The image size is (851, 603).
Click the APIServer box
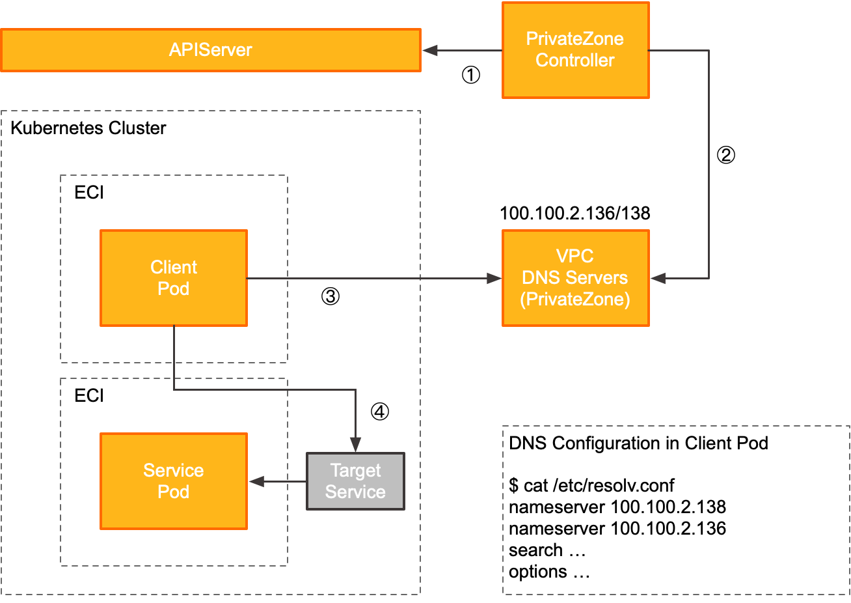coord(210,50)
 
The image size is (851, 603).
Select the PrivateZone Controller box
coord(575,50)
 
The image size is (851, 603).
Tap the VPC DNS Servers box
coord(575,278)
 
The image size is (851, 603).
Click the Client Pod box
coord(174,278)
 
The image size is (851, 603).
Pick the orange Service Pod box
coord(174,481)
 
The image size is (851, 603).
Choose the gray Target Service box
coord(355,481)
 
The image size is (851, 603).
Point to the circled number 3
coord(331,297)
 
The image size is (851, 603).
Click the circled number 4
coord(380,412)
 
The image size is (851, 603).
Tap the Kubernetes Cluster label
coord(88,128)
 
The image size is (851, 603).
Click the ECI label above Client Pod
coord(89,193)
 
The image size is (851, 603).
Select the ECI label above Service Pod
coord(89,396)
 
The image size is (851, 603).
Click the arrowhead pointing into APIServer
coord(430,51)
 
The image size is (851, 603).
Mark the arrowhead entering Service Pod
coord(257,482)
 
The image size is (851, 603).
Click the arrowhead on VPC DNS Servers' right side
coord(658,279)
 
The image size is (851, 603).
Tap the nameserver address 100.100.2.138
coord(668,507)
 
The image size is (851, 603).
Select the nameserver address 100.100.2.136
coord(668,529)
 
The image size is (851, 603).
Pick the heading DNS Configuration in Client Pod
coord(638,443)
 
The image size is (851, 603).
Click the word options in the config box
coord(538,572)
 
